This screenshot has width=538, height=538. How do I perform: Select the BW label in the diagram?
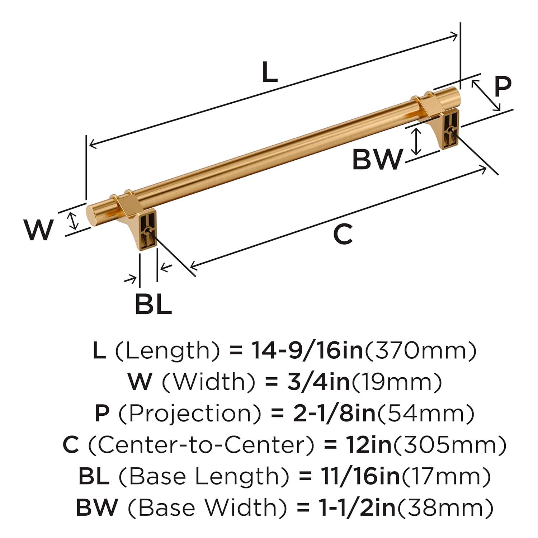coord(377,160)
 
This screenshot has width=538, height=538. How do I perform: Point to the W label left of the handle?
coord(39,230)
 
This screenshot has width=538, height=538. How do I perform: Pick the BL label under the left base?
coord(153,304)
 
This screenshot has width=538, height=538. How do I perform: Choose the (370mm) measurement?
coord(420,350)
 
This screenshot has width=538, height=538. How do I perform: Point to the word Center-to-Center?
coord(201,445)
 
